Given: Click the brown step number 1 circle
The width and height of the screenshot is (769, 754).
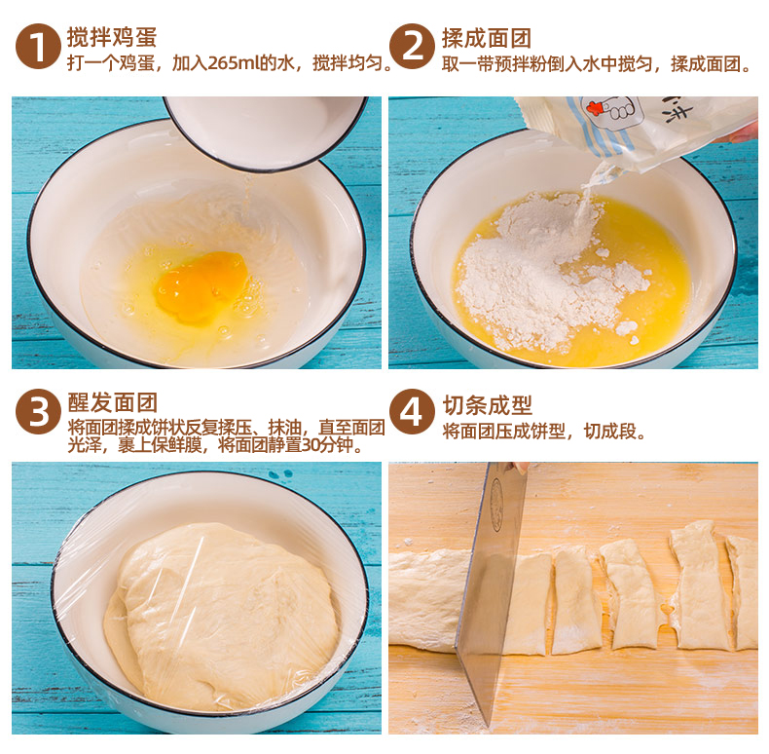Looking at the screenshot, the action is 38,46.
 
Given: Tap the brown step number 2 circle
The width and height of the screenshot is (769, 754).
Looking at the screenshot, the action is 412,46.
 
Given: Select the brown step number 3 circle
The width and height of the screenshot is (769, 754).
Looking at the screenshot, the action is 38,412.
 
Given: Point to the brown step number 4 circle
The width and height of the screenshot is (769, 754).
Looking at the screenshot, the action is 412,412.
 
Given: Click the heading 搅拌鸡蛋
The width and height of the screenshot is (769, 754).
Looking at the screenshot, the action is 112,37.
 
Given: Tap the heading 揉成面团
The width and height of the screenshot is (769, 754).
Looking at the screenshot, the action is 487,38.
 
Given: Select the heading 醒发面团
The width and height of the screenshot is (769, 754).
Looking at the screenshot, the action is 112,402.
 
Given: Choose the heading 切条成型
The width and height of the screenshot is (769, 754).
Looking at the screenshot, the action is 487,405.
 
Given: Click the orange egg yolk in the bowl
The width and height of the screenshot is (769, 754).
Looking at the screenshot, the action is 202,286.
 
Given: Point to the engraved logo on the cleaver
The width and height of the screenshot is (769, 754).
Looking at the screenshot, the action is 497,506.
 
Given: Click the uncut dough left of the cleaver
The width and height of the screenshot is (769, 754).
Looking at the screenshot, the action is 425,600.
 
